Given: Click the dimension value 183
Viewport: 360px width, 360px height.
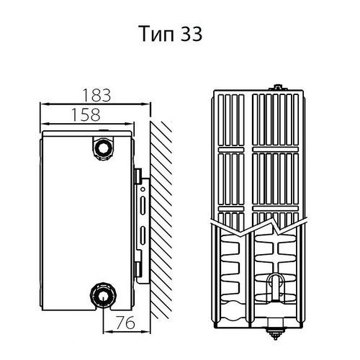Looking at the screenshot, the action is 96,95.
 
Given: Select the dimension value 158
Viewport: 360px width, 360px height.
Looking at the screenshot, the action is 86,114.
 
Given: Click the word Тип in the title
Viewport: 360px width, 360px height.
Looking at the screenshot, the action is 156,34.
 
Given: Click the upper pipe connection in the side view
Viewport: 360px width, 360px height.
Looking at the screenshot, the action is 103,148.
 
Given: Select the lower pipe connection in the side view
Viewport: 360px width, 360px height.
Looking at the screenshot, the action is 103,295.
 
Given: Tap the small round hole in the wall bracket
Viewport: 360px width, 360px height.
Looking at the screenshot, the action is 143,189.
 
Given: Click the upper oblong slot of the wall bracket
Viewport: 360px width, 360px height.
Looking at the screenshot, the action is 143,205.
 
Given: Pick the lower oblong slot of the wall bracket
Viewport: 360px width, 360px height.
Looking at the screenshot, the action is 143,235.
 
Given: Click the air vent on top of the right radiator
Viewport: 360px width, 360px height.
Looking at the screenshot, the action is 278,87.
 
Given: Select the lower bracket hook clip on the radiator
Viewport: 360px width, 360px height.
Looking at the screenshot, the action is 138,269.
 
